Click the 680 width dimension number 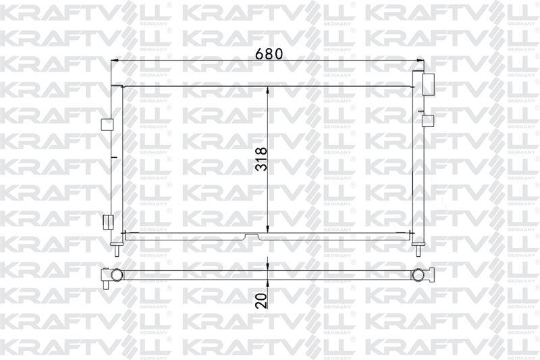pyautogui.click(x=268, y=53)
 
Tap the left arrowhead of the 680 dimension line pyautogui.click(x=115, y=61)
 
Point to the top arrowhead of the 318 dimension pyautogui.click(x=269, y=89)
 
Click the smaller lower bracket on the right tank pyautogui.click(x=426, y=120)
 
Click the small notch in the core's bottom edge pyautogui.click(x=250, y=236)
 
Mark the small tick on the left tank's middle pyautogui.click(x=115, y=158)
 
